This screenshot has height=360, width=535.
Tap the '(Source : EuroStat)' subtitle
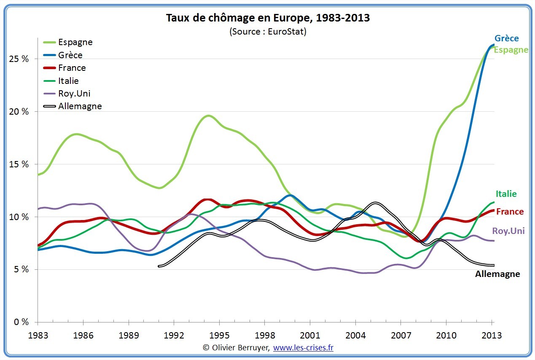pyautogui.click(x=268, y=32)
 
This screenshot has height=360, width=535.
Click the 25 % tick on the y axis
pyautogui.click(x=19, y=59)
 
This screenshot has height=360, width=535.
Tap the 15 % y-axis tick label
pyautogui.click(x=19, y=164)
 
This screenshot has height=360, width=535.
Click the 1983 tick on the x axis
pyautogui.click(x=38, y=336)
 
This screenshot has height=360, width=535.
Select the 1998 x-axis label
pyautogui.click(x=265, y=336)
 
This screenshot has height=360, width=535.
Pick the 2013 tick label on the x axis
pyautogui.click(x=492, y=336)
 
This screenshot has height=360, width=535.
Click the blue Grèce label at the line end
pyautogui.click(x=506, y=38)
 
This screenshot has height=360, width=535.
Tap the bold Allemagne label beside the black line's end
pyautogui.click(x=497, y=274)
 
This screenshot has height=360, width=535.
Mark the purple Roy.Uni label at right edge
pyautogui.click(x=508, y=231)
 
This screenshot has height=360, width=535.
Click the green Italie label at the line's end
pyautogui.click(x=506, y=194)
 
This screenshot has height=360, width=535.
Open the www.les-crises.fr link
pyautogui.click(x=304, y=348)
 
